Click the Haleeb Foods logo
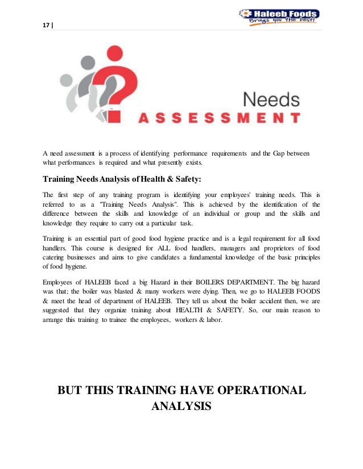279,17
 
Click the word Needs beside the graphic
271,101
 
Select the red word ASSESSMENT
220,119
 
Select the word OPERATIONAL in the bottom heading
251,391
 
